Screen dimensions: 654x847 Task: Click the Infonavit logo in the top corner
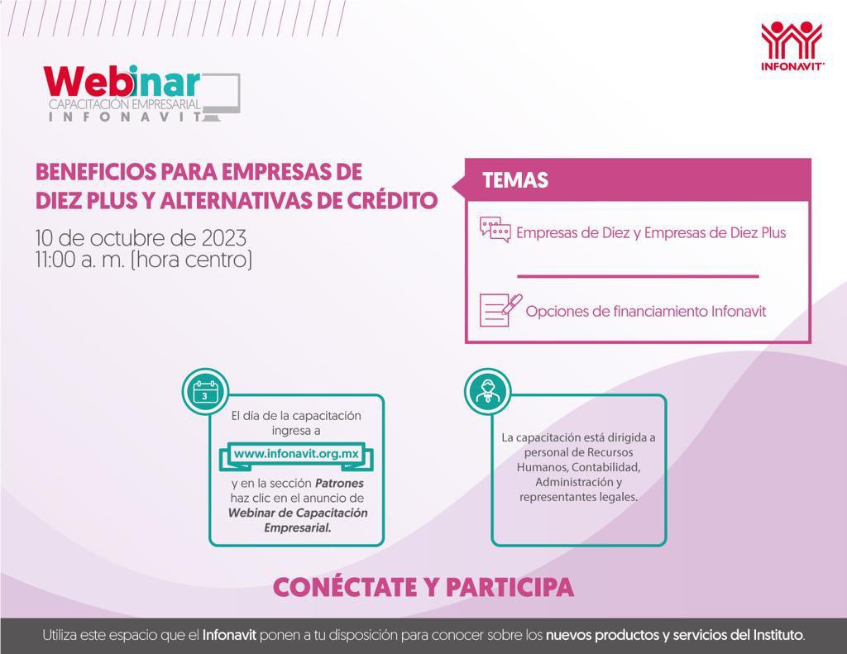[792, 47]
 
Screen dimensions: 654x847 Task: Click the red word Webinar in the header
[121, 83]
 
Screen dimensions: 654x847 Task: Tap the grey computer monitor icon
[221, 95]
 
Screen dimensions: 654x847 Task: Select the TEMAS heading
[514, 180]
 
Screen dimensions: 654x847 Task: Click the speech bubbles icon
[495, 230]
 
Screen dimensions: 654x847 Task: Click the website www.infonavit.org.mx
[295, 454]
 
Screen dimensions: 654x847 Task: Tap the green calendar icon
[205, 391]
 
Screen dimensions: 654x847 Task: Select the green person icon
[487, 391]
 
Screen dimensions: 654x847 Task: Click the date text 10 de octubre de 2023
[141, 238]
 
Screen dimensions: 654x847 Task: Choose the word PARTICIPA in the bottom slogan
[510, 587]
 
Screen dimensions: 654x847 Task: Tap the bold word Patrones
[337, 483]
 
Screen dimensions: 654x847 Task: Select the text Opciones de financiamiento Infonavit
[645, 312]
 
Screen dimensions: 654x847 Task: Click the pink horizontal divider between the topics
[637, 276]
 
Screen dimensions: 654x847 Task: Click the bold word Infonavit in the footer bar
[229, 636]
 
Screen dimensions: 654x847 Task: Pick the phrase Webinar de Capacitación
[297, 513]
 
